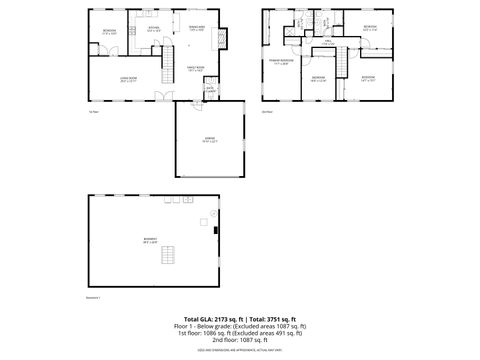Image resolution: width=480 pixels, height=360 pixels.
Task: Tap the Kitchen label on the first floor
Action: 153,31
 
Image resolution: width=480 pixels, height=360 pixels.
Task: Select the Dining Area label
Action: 197,29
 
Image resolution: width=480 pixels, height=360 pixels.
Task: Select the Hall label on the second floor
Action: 329,44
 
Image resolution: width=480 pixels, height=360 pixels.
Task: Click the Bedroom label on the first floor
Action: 108,32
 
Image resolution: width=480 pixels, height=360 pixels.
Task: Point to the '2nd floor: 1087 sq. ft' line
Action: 240,340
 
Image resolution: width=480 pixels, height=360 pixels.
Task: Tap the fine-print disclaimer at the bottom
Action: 240,350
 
